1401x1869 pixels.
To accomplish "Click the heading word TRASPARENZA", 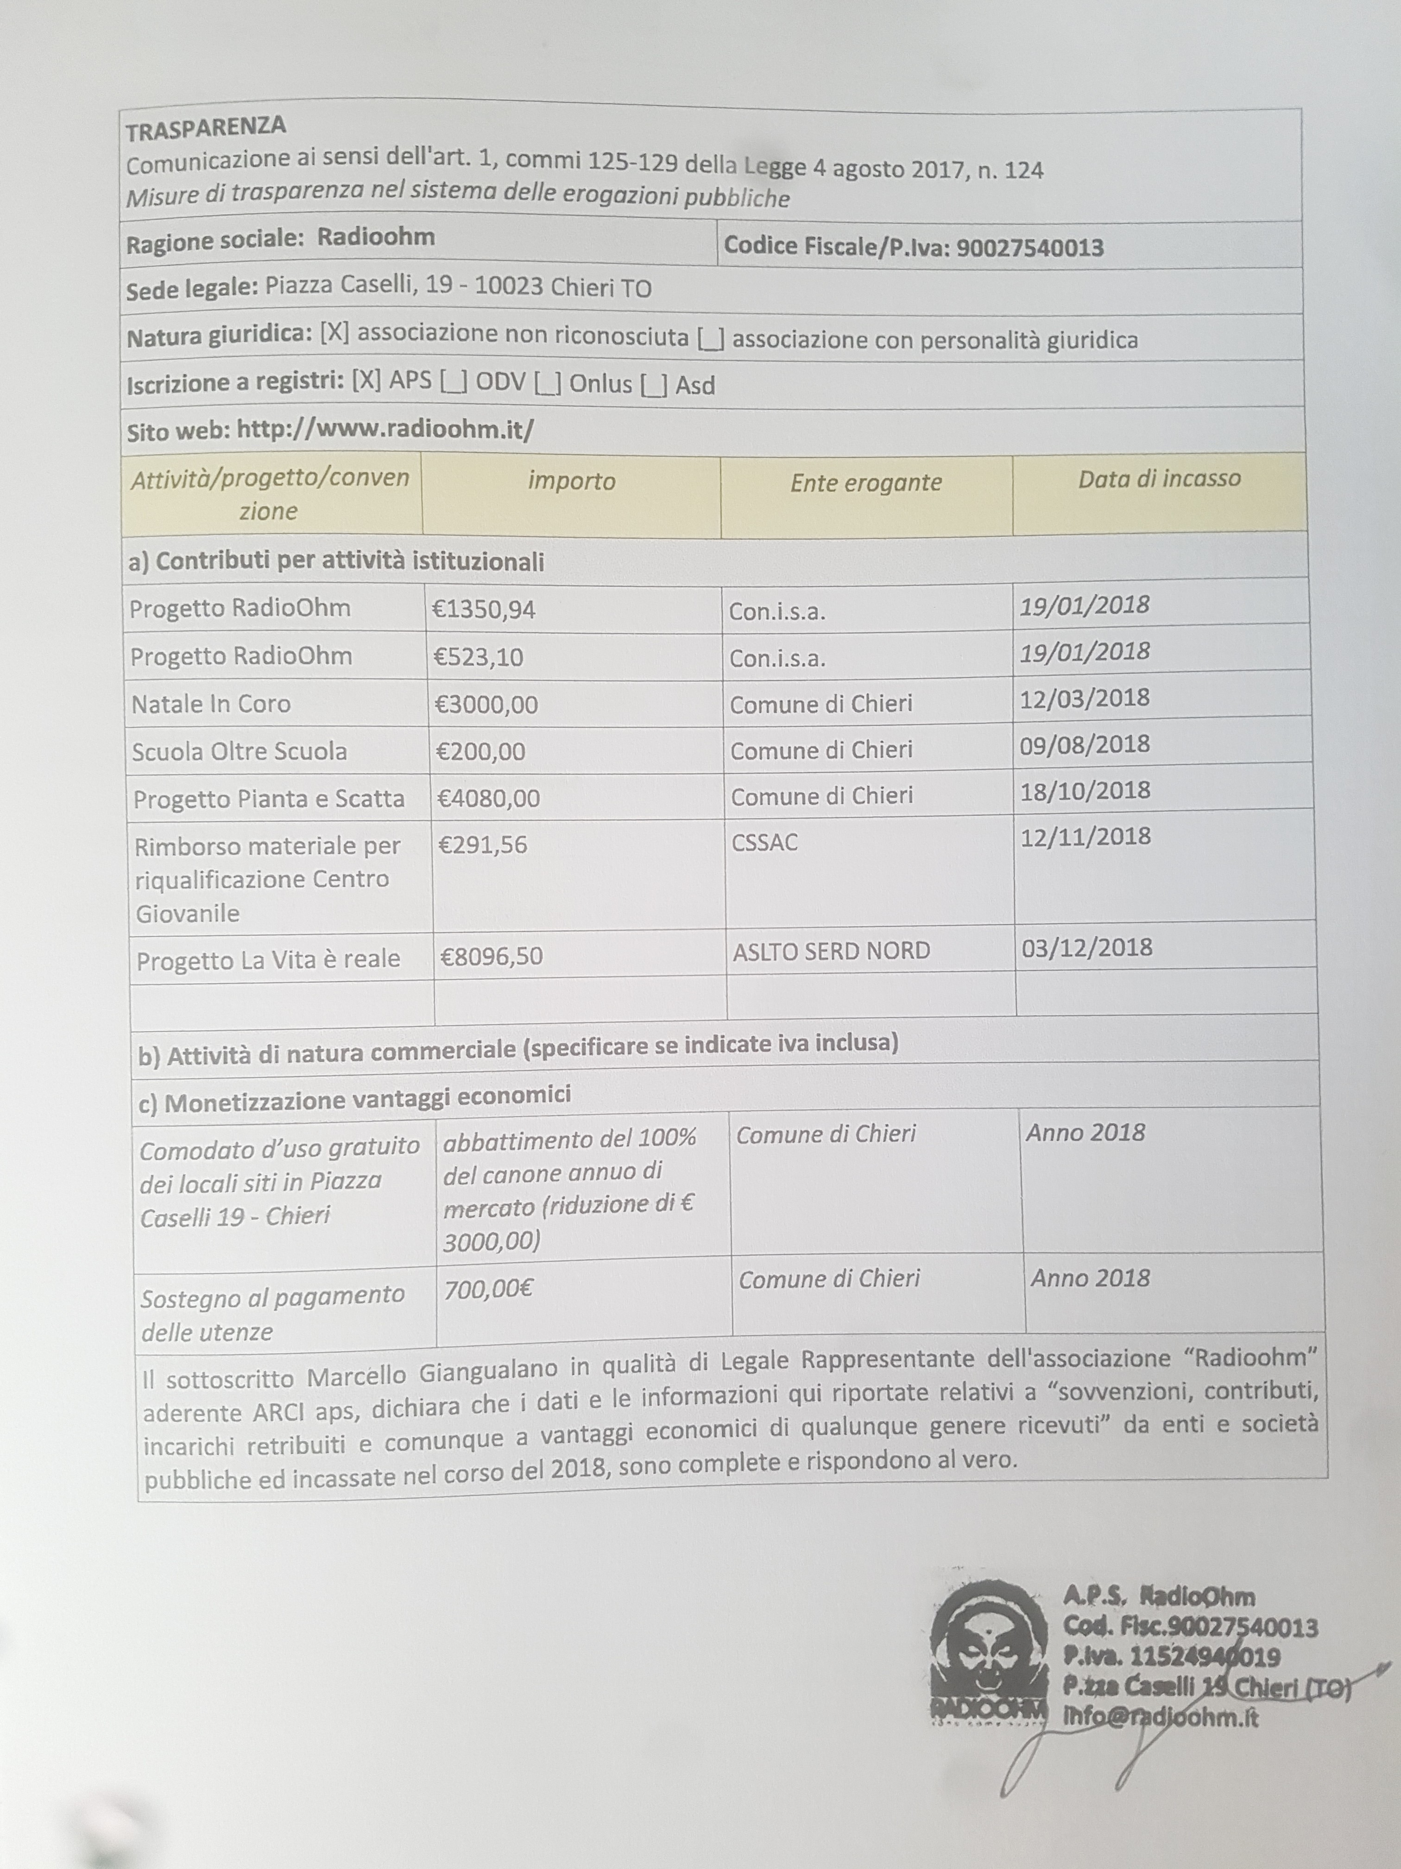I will [206, 127].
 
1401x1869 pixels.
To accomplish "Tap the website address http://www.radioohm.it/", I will [385, 431].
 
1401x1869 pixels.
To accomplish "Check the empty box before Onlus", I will [548, 384].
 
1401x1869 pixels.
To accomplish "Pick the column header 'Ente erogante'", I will [865, 483].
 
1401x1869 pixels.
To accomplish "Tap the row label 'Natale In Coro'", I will [211, 704].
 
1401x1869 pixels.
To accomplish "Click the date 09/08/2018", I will [1084, 744].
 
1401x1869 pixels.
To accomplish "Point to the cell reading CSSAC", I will [764, 842].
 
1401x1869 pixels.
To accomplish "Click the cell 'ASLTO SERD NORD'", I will [831, 951].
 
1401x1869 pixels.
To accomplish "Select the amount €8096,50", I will [492, 956].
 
